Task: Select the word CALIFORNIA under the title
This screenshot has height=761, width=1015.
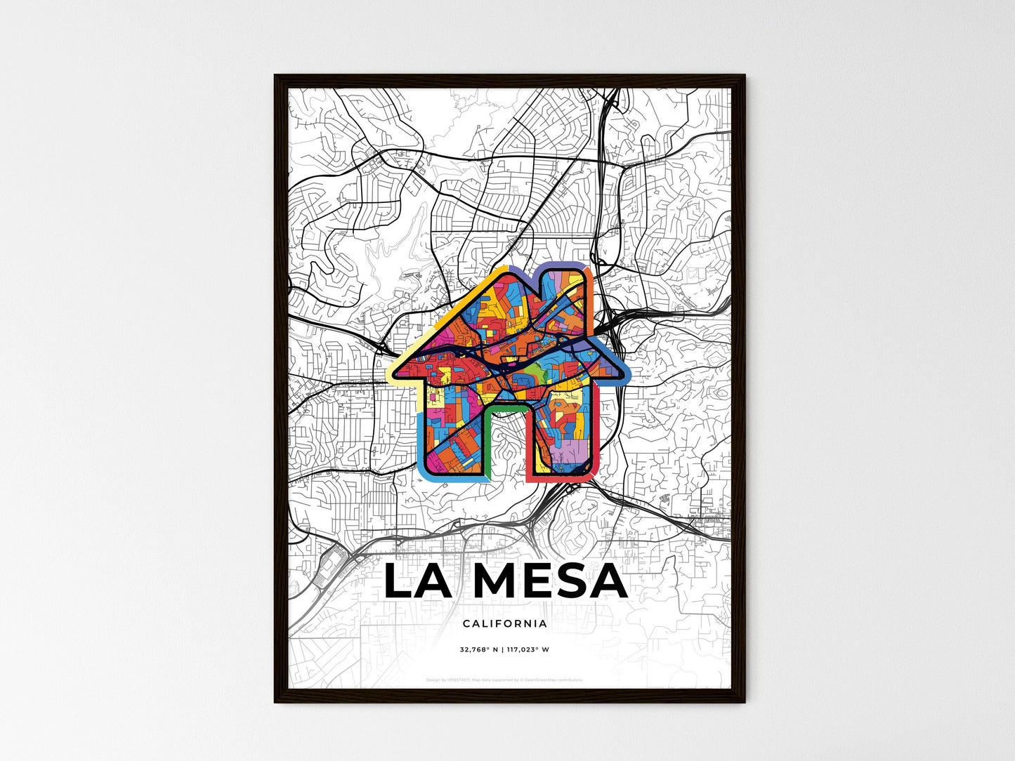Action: pyautogui.click(x=505, y=623)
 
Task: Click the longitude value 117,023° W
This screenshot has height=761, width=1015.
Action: pyautogui.click(x=528, y=649)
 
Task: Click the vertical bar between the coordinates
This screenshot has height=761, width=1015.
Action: pyautogui.click(x=502, y=649)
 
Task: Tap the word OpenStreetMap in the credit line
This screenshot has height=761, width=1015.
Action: pyautogui.click(x=541, y=680)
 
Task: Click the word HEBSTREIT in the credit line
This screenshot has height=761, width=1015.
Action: pyautogui.click(x=457, y=680)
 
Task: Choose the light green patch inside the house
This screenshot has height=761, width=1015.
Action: pyautogui.click(x=535, y=370)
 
